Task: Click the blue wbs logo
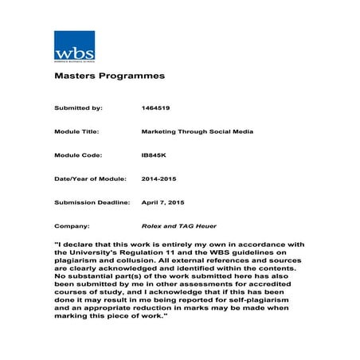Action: (74, 45)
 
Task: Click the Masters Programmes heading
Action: (98, 76)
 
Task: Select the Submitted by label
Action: (78, 107)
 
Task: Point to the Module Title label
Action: (77, 131)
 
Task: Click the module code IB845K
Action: (153, 155)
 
